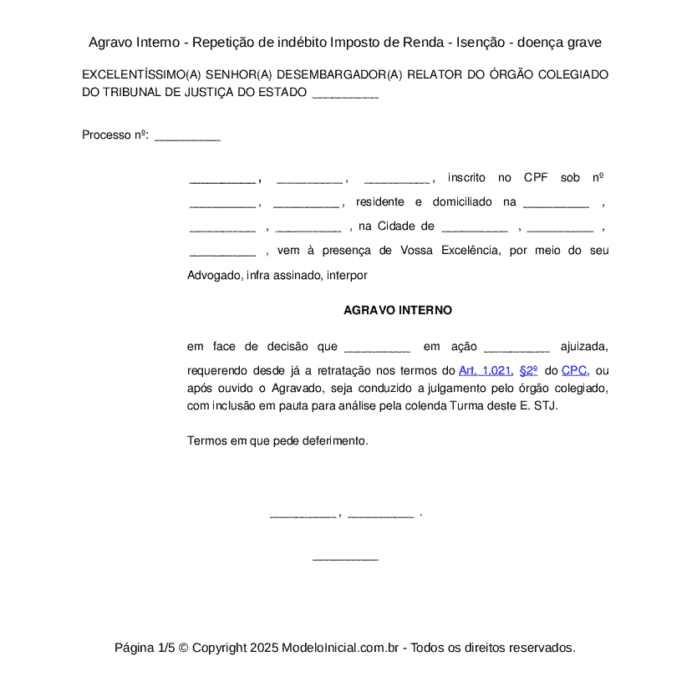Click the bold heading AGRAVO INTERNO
(x=398, y=310)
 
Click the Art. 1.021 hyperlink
(x=485, y=370)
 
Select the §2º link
(x=528, y=370)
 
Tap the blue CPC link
(x=574, y=370)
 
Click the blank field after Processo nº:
(x=187, y=136)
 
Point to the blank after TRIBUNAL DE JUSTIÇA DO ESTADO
(x=345, y=94)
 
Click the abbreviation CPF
(x=536, y=178)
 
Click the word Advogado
(x=214, y=274)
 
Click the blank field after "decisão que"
(x=377, y=348)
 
